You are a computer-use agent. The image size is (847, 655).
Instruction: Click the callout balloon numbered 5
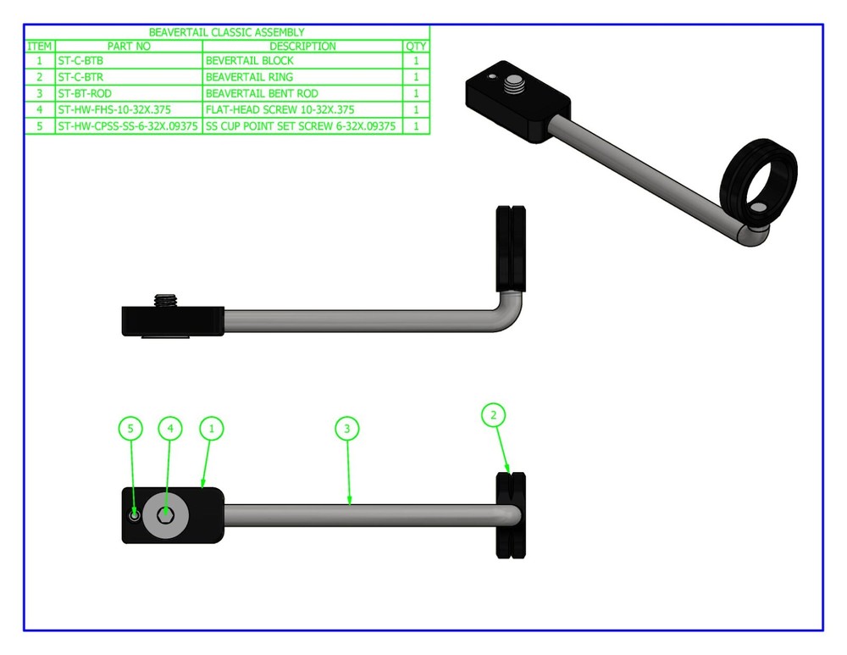pyautogui.click(x=130, y=429)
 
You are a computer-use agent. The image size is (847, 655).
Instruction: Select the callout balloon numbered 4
pyautogui.click(x=170, y=429)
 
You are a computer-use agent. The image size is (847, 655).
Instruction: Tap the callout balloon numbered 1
pyautogui.click(x=211, y=429)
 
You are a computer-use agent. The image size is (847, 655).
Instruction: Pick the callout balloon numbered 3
pyautogui.click(x=346, y=429)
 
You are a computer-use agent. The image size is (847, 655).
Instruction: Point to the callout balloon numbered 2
pyautogui.click(x=493, y=415)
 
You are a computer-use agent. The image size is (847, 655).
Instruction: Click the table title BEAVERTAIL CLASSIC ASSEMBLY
pyautogui.click(x=226, y=32)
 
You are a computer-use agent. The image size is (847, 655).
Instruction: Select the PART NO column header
pyautogui.click(x=129, y=47)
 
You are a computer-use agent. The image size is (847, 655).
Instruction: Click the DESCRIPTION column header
pyautogui.click(x=302, y=47)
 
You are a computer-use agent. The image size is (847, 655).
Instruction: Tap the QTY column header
pyautogui.click(x=416, y=47)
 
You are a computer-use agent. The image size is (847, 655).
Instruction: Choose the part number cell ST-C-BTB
pyautogui.click(x=80, y=60)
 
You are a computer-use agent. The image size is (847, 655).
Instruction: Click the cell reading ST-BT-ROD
pyautogui.click(x=85, y=93)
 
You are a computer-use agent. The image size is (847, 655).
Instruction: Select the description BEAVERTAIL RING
pyautogui.click(x=249, y=77)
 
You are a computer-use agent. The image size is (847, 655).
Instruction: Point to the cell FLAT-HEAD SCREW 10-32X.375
pyautogui.click(x=280, y=109)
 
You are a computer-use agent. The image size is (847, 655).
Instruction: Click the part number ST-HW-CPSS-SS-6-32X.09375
pyautogui.click(x=128, y=126)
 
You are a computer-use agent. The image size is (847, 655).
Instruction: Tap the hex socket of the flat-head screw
pyautogui.click(x=165, y=515)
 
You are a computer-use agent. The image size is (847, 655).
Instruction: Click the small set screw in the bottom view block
pyautogui.click(x=135, y=515)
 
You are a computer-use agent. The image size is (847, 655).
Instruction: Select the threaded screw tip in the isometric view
pyautogui.click(x=513, y=84)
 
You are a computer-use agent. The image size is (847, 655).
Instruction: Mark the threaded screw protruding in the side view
pyautogui.click(x=166, y=301)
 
